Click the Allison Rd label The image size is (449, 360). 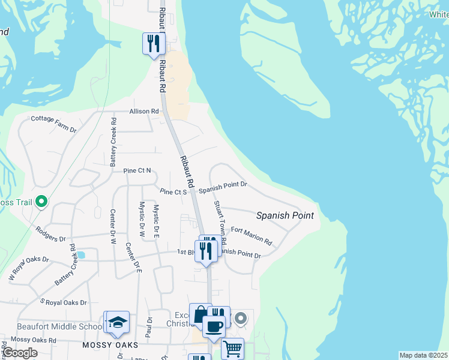[x=145, y=112]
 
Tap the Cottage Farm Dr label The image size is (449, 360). [x=53, y=124]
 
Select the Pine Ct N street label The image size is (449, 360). [x=137, y=171]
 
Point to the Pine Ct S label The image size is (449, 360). [x=174, y=191]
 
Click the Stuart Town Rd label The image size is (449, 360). [x=220, y=221]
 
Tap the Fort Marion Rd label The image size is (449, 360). [x=252, y=236]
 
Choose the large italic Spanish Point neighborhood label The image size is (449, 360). [x=285, y=215]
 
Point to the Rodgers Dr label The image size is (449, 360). [x=50, y=234]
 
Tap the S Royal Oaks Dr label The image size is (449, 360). [x=63, y=302]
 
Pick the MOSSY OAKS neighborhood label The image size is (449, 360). [x=110, y=346]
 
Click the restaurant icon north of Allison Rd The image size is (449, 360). [x=154, y=43]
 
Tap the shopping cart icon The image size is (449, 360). [x=232, y=347]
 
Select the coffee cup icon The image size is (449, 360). [x=214, y=326]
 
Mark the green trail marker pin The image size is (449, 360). [x=41, y=202]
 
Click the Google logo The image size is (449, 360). [x=20, y=353]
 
